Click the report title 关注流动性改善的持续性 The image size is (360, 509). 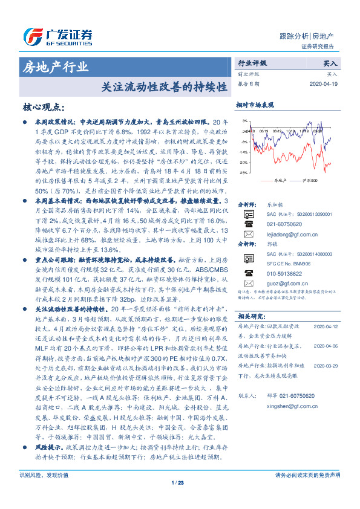tap(159, 86)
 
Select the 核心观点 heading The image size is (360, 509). tap(42, 108)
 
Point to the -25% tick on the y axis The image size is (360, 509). tap(243, 173)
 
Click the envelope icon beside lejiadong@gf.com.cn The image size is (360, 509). tap(247, 233)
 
